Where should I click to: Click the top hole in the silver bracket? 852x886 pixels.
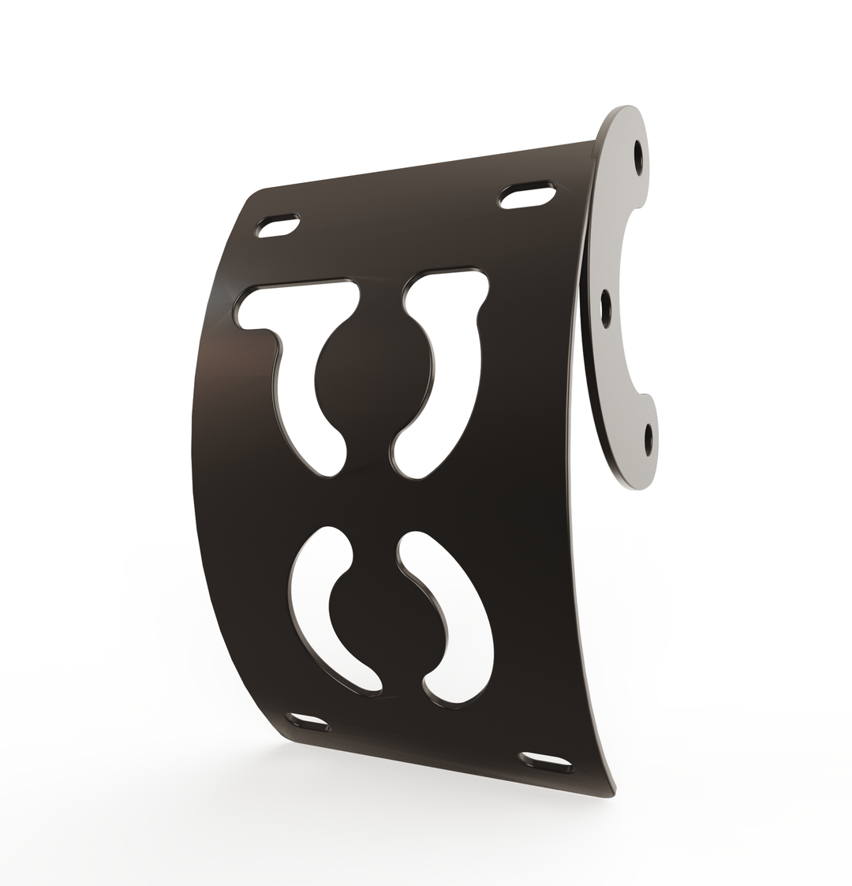(638, 158)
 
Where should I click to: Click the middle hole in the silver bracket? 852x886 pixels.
(606, 308)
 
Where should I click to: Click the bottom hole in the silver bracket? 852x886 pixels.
(648, 439)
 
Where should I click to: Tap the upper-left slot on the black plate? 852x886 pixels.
(278, 226)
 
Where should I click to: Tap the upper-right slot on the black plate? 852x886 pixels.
(527, 196)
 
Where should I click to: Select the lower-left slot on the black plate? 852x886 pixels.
(308, 721)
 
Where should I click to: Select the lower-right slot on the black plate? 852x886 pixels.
(546, 762)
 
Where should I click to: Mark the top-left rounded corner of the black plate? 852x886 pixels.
(254, 197)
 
